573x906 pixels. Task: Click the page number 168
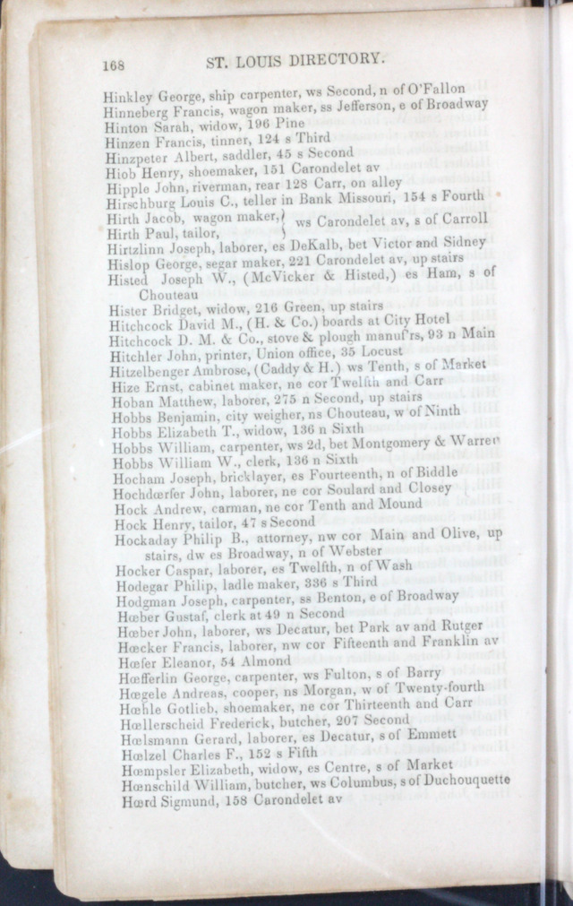pyautogui.click(x=113, y=65)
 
